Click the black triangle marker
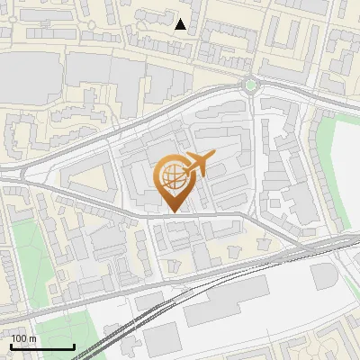pyautogui.click(x=182, y=24)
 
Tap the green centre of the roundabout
pyautogui.click(x=250, y=85)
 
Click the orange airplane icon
pyautogui.click(x=199, y=165)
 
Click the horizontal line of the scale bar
pyautogui.click(x=42, y=346)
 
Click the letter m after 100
pyautogui.click(x=32, y=339)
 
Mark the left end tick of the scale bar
pyautogui.click(x=11, y=345)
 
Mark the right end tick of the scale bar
pyautogui.click(x=74, y=345)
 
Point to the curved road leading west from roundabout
pyautogui.click(x=180, y=102)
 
